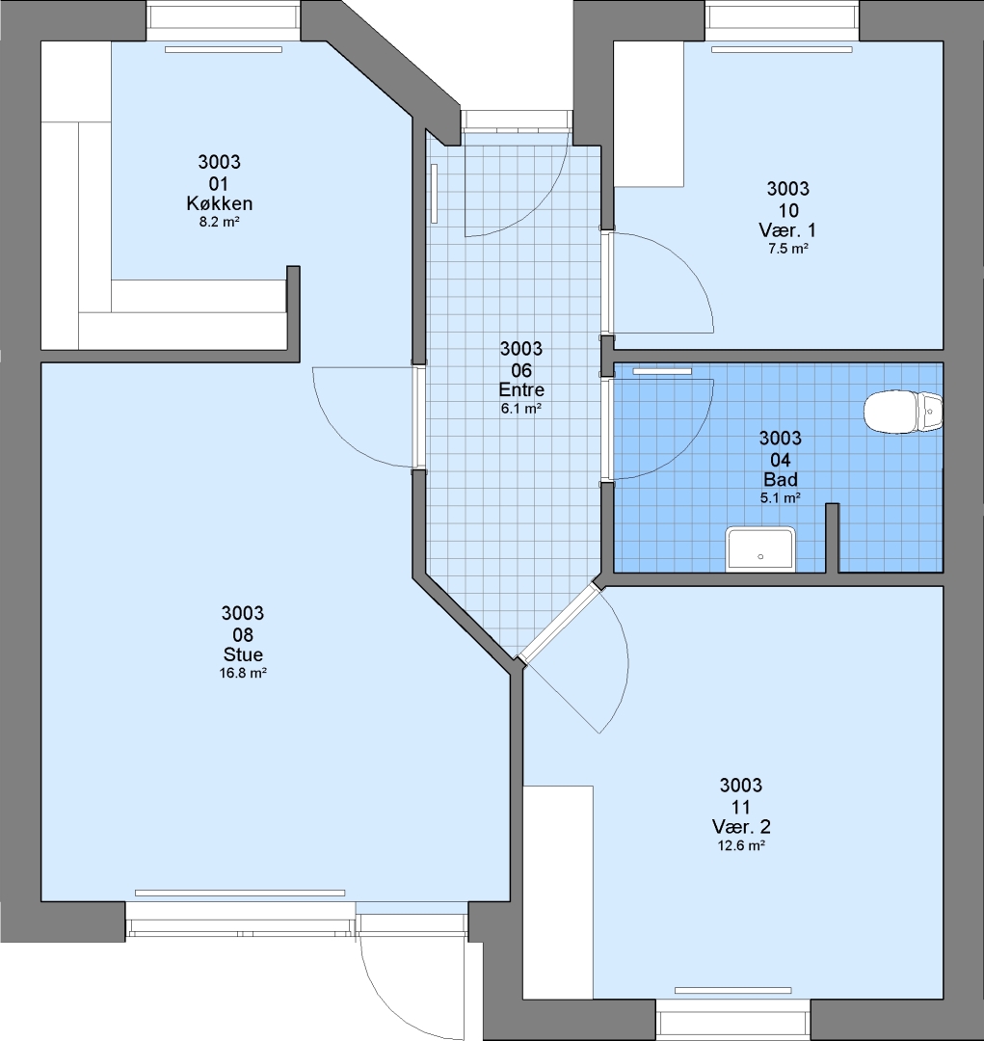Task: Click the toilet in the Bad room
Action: [903, 413]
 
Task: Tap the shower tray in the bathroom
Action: [760, 549]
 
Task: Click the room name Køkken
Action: [219, 203]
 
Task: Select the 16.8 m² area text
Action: [243, 673]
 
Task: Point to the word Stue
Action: [243, 654]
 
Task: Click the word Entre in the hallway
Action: [522, 389]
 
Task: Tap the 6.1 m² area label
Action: [521, 409]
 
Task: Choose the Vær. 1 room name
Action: [787, 230]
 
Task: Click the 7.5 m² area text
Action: [787, 249]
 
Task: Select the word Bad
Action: [781, 479]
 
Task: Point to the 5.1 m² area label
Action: [780, 498]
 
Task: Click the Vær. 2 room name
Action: [741, 827]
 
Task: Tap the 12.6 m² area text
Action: [741, 846]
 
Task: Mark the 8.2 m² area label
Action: [219, 223]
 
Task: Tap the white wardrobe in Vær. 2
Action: [558, 893]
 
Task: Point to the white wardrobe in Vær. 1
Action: [649, 114]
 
